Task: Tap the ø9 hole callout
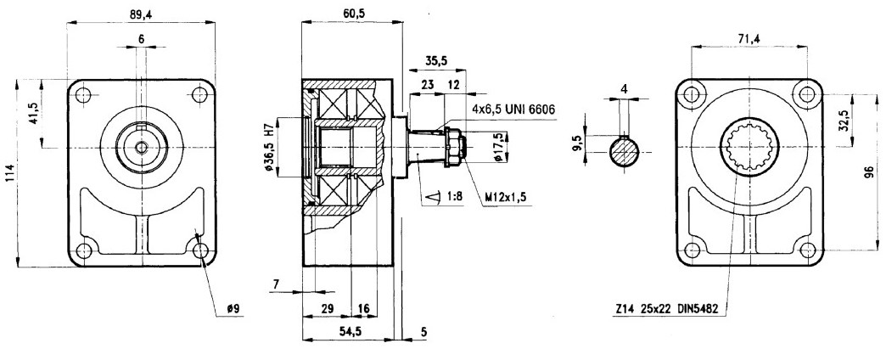tap(233, 309)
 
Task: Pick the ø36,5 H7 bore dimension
tap(270, 147)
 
